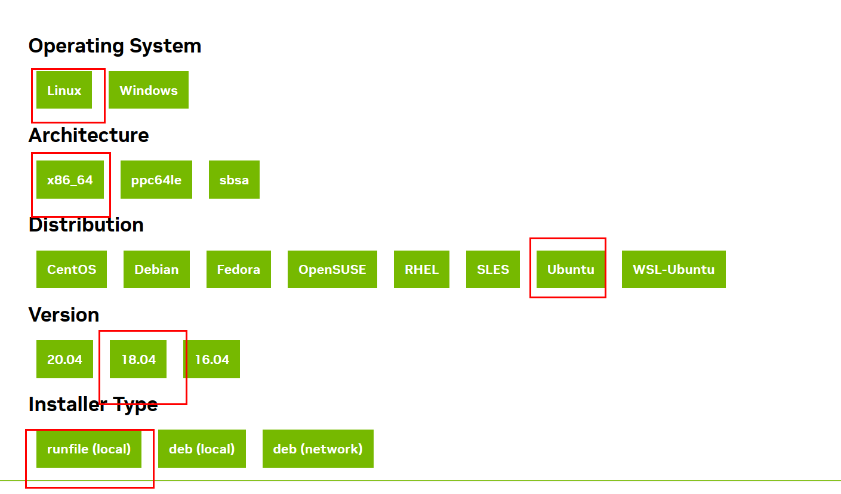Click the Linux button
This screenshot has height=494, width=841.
pos(64,90)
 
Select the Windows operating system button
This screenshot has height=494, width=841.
pos(149,90)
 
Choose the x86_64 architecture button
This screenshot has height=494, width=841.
pos(70,180)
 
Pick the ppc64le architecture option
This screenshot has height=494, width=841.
pos(156,180)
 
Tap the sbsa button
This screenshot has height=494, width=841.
pos(234,180)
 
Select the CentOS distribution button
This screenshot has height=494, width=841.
pos(72,269)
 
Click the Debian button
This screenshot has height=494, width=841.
pos(156,269)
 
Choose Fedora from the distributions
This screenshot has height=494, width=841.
pos(239,269)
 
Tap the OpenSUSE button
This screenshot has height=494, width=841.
pos(332,269)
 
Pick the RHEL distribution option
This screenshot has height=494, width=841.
pos(421,269)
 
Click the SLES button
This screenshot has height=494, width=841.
pos(493,269)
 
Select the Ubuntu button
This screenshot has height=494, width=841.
pos(571,269)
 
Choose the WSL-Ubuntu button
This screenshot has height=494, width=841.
pos(674,269)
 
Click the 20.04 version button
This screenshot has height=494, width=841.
pos(64,359)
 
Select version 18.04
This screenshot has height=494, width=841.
pos(138,359)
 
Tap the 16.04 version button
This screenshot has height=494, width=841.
pos(212,359)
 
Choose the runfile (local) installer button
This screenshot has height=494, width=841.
pos(89,449)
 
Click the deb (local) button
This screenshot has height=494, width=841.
pos(202,449)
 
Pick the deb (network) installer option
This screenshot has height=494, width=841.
pos(318,449)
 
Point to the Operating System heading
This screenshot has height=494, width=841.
pos(115,46)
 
